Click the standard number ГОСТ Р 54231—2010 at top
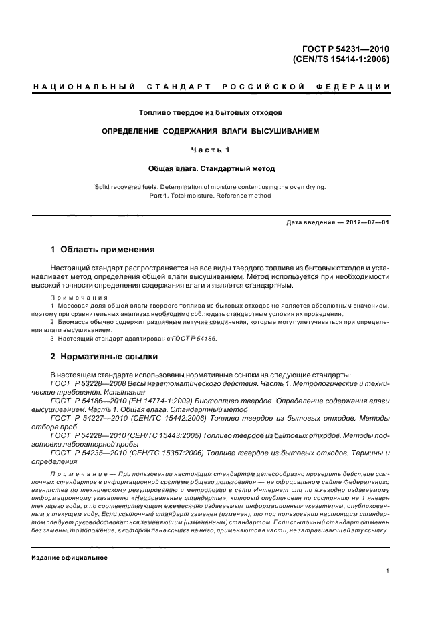pos(346,48)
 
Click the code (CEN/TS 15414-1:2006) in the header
pos(341,59)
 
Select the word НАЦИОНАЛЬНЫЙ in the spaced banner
pos(84,87)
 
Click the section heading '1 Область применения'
pos(103,250)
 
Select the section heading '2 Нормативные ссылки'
pos(104,357)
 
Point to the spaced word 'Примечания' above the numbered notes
pos(75,298)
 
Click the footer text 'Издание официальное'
pos(70,558)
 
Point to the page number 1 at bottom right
pos(388,571)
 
